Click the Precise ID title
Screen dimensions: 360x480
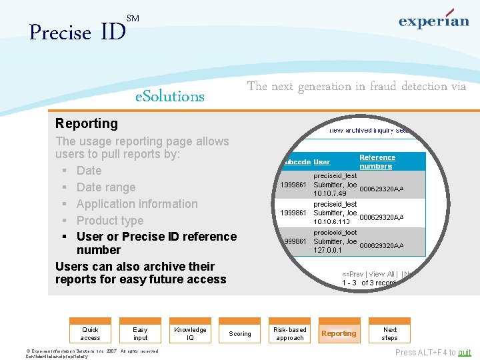pos(77,31)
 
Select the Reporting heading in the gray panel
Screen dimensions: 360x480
pos(87,123)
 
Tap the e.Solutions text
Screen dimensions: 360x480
pos(170,96)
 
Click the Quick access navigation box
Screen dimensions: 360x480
pos(91,333)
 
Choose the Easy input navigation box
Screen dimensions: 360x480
pos(140,333)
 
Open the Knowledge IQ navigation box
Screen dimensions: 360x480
pos(190,333)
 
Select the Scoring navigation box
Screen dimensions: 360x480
pos(240,334)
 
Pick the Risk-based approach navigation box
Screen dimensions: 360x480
pos(290,333)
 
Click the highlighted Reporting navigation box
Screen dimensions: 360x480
pos(339,333)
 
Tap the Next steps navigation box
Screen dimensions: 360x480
pos(390,333)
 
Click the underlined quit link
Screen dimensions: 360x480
pos(464,353)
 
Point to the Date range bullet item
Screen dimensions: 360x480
pos(105,187)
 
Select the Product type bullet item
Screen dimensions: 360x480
pos(110,221)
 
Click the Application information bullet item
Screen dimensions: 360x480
pos(137,204)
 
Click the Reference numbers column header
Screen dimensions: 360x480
pos(377,161)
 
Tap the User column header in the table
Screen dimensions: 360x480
pos(322,162)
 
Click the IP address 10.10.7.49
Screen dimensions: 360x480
pos(331,193)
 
